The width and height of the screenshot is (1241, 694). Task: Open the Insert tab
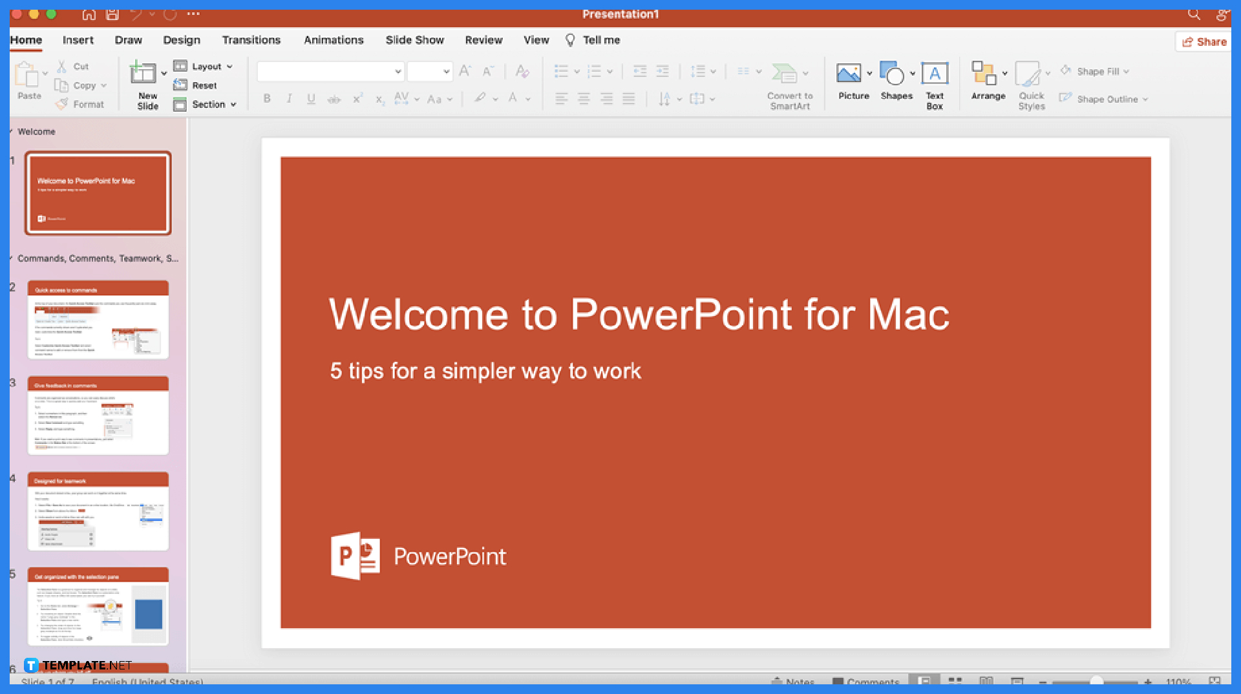[x=78, y=40]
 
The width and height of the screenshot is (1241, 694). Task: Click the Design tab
[x=181, y=40]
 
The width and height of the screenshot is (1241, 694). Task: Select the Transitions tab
[x=251, y=40]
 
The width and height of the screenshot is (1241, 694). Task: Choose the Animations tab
[x=334, y=40]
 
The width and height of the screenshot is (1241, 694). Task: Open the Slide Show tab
[x=414, y=40]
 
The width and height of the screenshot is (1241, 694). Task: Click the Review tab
[x=483, y=40]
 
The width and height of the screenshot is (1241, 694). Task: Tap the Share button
[x=1204, y=42]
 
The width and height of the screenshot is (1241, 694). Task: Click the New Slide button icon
[x=143, y=72]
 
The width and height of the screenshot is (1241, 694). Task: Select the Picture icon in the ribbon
[x=849, y=73]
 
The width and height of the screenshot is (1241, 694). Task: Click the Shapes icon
[x=893, y=73]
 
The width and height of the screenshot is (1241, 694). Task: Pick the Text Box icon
[x=935, y=73]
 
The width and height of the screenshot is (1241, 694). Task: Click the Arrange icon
[x=984, y=73]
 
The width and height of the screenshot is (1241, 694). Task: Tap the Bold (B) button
[x=267, y=99]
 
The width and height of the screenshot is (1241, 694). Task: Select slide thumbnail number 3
[x=98, y=415]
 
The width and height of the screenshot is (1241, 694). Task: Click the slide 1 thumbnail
[x=98, y=193]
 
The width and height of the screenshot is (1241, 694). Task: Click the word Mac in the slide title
[x=908, y=315]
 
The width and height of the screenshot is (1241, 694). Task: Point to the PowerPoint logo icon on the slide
[x=355, y=556]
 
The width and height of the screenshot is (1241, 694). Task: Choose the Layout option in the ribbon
[x=206, y=67]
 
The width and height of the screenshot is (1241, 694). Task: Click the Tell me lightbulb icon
[x=570, y=40]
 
